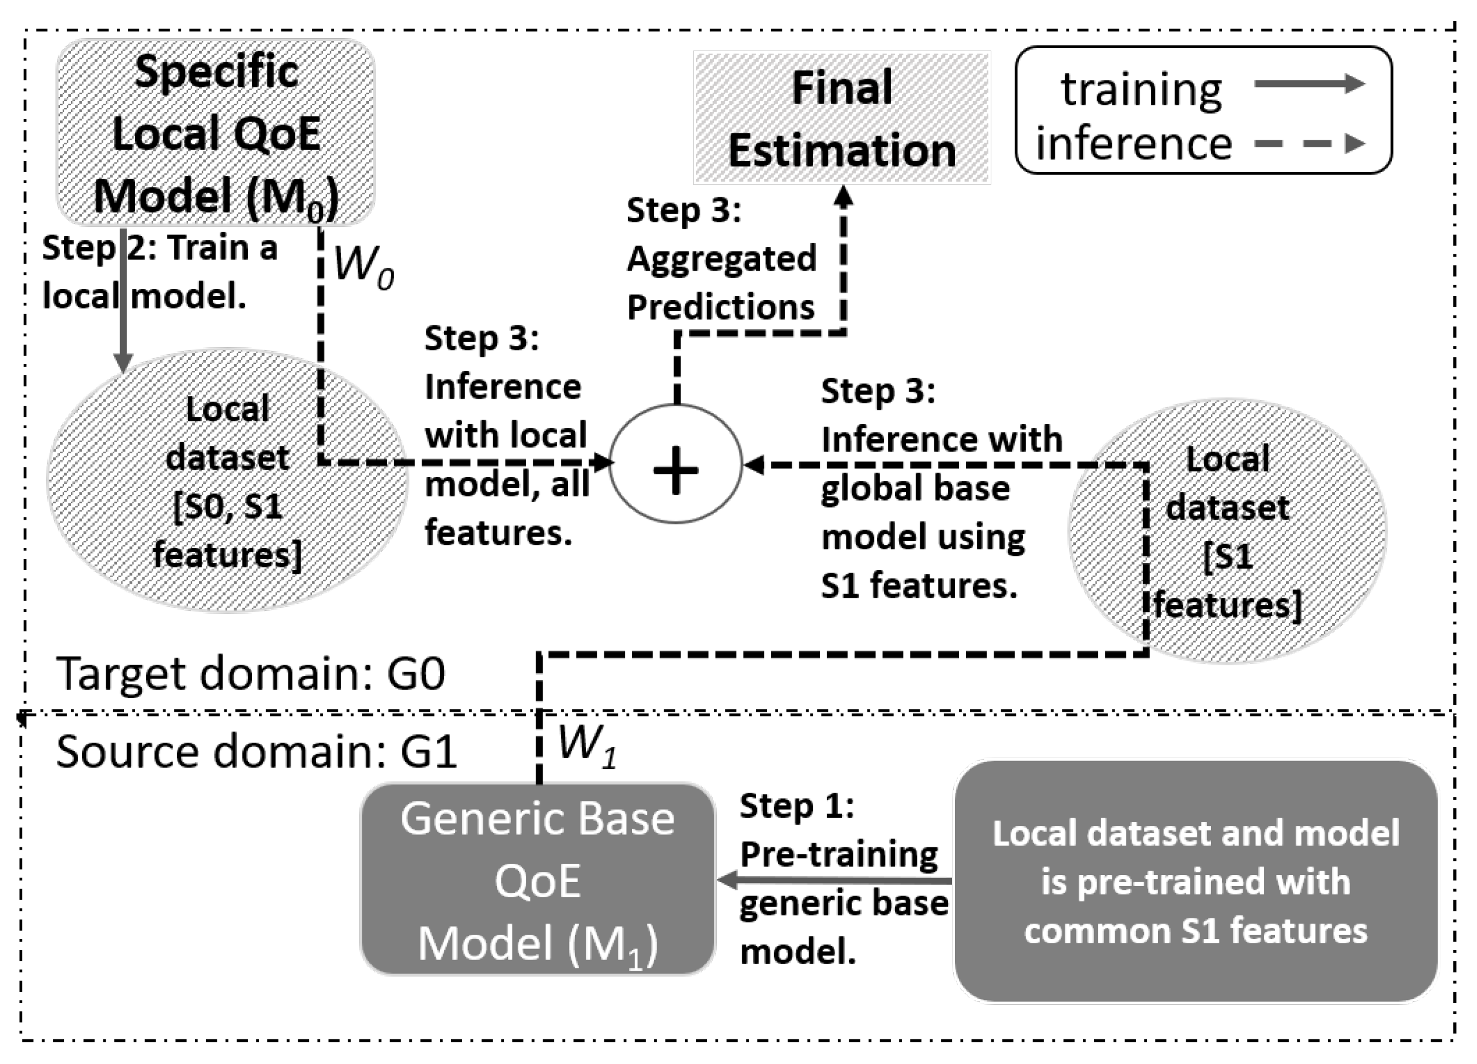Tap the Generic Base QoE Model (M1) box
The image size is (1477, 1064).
click(x=538, y=879)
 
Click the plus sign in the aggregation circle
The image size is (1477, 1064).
click(x=675, y=470)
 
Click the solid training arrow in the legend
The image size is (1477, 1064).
click(x=1309, y=83)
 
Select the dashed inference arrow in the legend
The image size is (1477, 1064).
click(x=1309, y=143)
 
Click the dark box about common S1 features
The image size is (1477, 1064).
click(x=1196, y=881)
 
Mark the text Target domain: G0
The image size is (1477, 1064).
click(x=251, y=674)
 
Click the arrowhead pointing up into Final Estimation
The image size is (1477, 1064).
click(x=843, y=197)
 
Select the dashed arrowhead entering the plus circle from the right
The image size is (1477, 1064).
click(x=754, y=465)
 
